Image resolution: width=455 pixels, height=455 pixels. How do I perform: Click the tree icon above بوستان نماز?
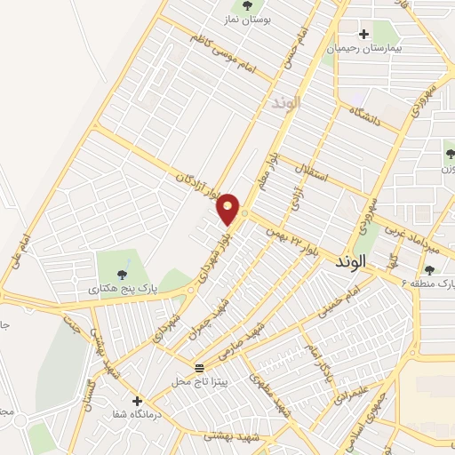pyautogui.click(x=246, y=4)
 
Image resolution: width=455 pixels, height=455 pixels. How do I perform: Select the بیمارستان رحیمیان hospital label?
pyautogui.click(x=364, y=50)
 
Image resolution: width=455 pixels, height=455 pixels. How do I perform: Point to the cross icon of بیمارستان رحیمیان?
pyautogui.click(x=363, y=33)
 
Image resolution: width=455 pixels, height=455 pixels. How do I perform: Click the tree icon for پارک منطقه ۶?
pyautogui.click(x=430, y=270)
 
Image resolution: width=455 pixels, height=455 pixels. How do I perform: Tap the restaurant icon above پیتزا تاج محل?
pyautogui.click(x=199, y=367)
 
